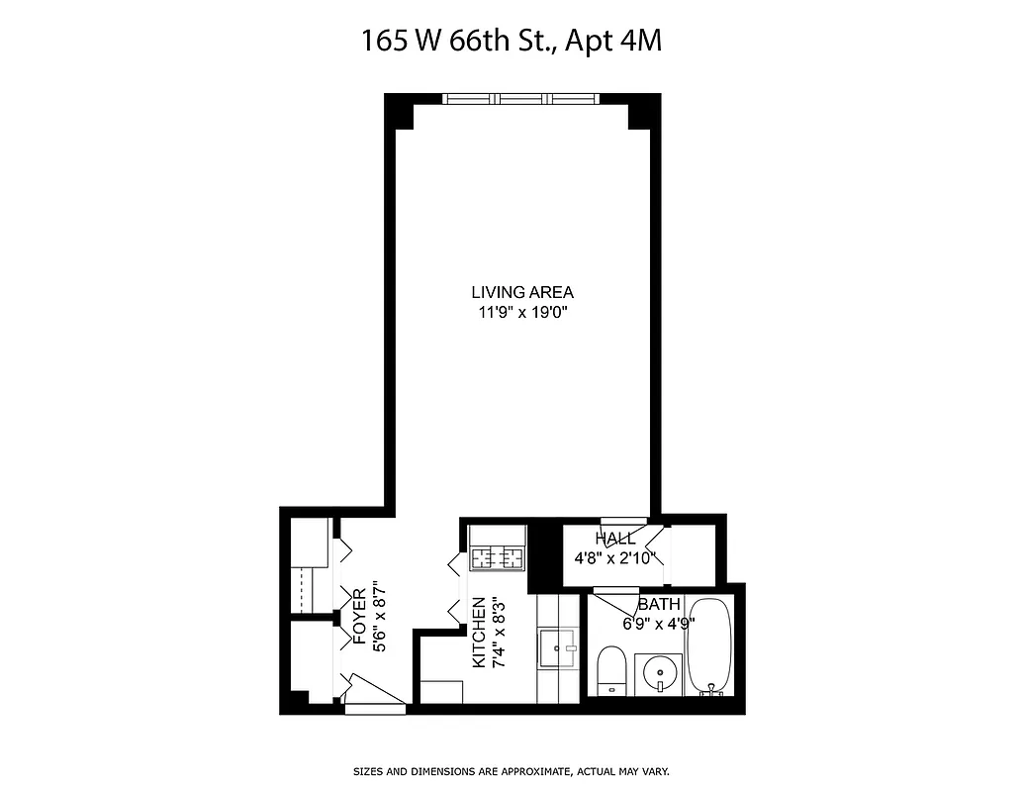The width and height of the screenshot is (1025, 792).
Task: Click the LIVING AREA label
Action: pyautogui.click(x=521, y=292)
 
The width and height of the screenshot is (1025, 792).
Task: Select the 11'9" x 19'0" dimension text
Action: pyautogui.click(x=521, y=313)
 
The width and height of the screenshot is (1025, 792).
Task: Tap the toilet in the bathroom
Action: pyautogui.click(x=610, y=670)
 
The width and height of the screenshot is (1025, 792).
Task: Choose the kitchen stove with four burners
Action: pyautogui.click(x=497, y=558)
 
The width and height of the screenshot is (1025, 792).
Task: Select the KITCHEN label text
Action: pyautogui.click(x=479, y=632)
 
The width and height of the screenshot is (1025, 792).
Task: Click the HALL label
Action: pyautogui.click(x=614, y=539)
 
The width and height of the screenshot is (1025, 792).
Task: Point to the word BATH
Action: pyautogui.click(x=658, y=604)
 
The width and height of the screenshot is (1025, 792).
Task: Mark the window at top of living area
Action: pyautogui.click(x=520, y=98)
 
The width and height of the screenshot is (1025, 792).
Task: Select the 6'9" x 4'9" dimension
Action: pyautogui.click(x=659, y=624)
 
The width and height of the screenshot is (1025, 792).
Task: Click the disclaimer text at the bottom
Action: pyautogui.click(x=512, y=770)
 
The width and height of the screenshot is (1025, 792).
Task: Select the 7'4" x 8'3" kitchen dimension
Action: pyautogui.click(x=500, y=632)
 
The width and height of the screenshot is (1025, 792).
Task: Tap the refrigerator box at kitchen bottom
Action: pyautogui.click(x=441, y=692)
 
